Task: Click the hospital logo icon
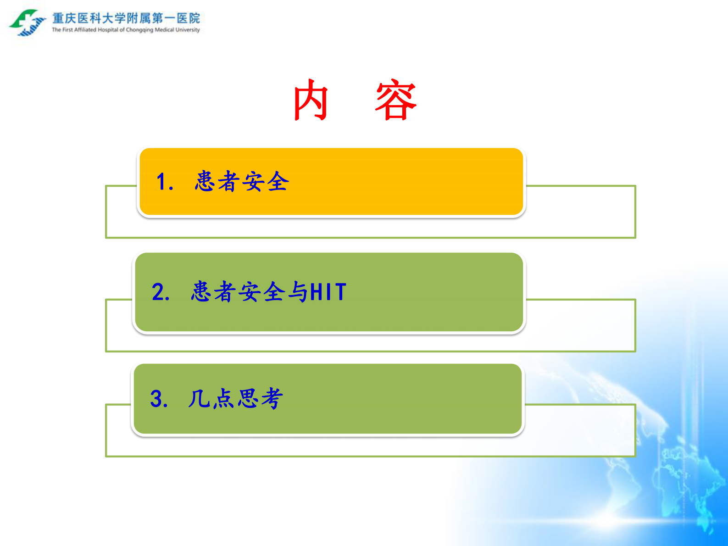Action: (27, 22)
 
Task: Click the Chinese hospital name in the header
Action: (126, 18)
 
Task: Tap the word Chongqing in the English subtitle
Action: (139, 30)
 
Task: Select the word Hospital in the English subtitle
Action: (108, 30)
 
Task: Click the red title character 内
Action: (311, 100)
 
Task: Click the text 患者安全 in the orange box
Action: (242, 181)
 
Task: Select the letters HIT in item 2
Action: (328, 292)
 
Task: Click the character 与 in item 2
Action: (298, 292)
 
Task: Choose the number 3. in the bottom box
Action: (159, 398)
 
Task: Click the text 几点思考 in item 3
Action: (235, 398)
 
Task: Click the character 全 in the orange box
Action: (278, 181)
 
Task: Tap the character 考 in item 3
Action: (272, 398)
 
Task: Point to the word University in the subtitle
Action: (188, 30)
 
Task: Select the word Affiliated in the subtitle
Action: (85, 30)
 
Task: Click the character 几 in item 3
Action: (199, 398)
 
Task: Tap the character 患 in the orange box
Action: (205, 181)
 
